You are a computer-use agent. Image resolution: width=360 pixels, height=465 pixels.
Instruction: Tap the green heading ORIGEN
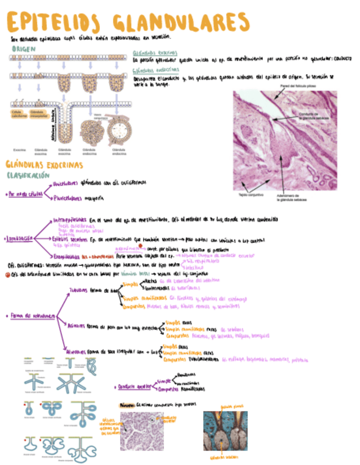click(24, 49)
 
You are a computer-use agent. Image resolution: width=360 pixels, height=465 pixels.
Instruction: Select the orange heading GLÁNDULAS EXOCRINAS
click(44, 164)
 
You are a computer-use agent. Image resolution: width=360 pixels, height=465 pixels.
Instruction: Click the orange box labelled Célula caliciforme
click(20, 114)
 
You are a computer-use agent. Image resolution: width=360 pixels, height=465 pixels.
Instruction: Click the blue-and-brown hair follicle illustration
click(225, 431)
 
